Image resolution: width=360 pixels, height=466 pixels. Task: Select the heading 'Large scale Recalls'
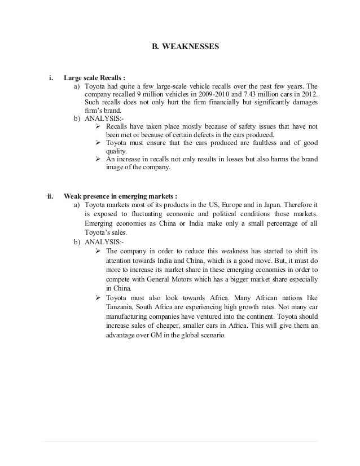coord(93,78)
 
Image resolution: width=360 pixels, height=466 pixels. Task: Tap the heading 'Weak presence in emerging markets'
coord(120,197)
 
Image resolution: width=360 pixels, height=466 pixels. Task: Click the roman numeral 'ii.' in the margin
coord(50,197)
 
